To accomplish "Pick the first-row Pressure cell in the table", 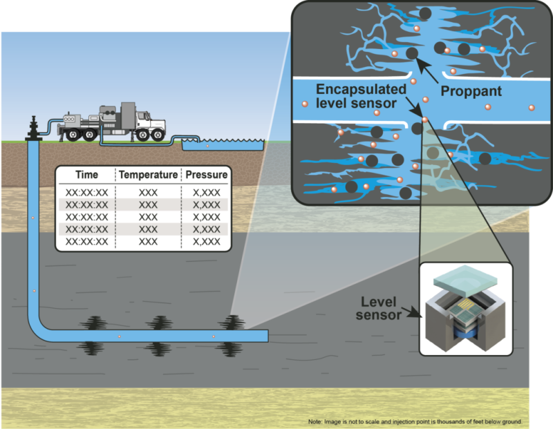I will tap(205, 192).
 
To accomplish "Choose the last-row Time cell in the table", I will tap(86, 242).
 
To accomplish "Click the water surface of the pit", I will tap(223, 145).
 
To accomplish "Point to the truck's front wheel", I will tap(152, 135).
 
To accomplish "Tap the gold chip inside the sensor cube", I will tap(462, 305).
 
